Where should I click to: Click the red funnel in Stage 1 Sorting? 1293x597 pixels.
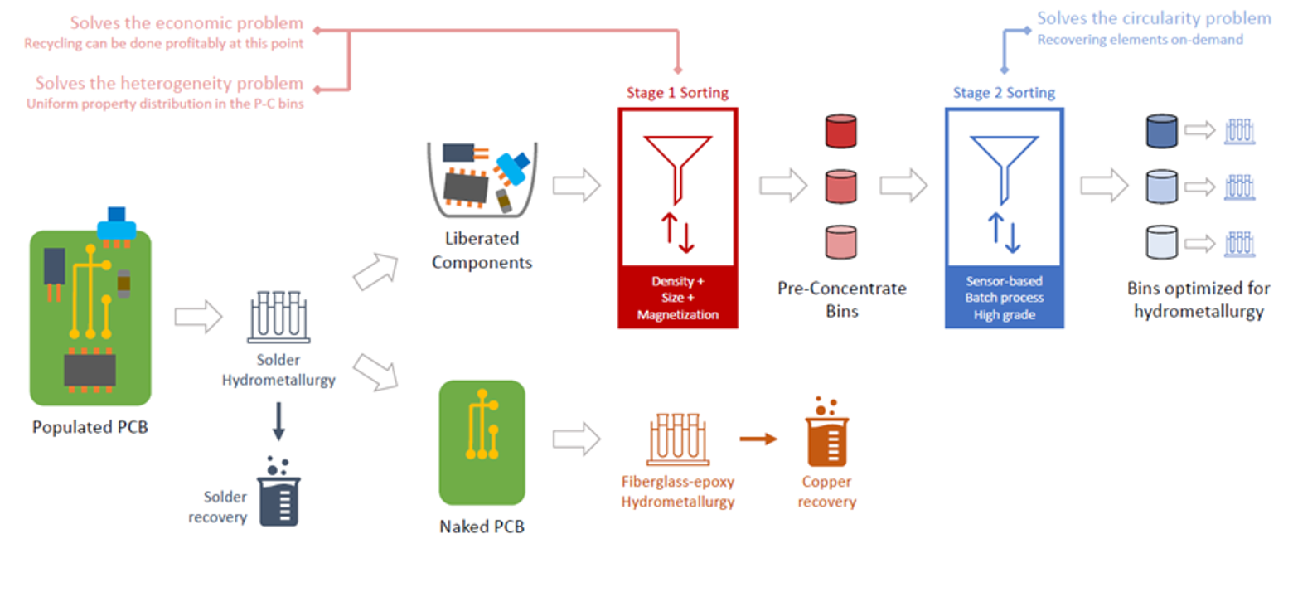(x=677, y=166)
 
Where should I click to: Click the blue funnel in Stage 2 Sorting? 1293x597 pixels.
(x=1004, y=166)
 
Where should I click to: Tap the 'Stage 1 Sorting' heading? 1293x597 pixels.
(x=677, y=93)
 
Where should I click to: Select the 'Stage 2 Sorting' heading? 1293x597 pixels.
(x=1004, y=93)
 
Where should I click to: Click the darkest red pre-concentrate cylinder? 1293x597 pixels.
(x=840, y=132)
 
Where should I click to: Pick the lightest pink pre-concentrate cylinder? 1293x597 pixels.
(x=840, y=242)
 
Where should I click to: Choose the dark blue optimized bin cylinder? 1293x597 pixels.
(x=1160, y=132)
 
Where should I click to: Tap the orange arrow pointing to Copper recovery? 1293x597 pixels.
(x=758, y=439)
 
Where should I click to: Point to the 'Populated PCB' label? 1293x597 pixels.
(x=90, y=428)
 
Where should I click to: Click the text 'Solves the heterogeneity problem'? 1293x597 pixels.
(x=169, y=84)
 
